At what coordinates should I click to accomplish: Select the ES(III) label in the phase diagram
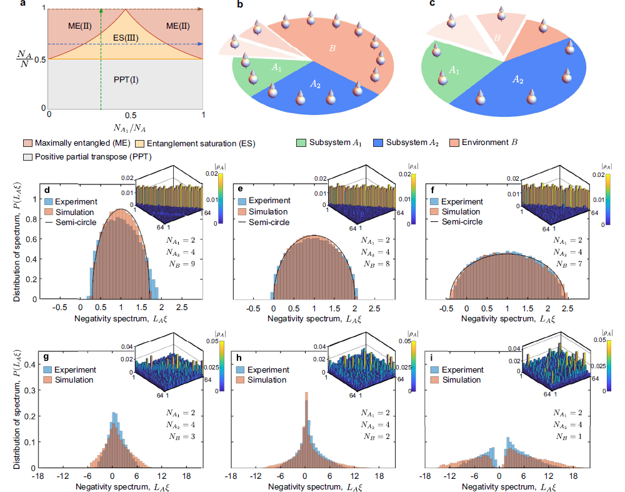click(126, 38)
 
